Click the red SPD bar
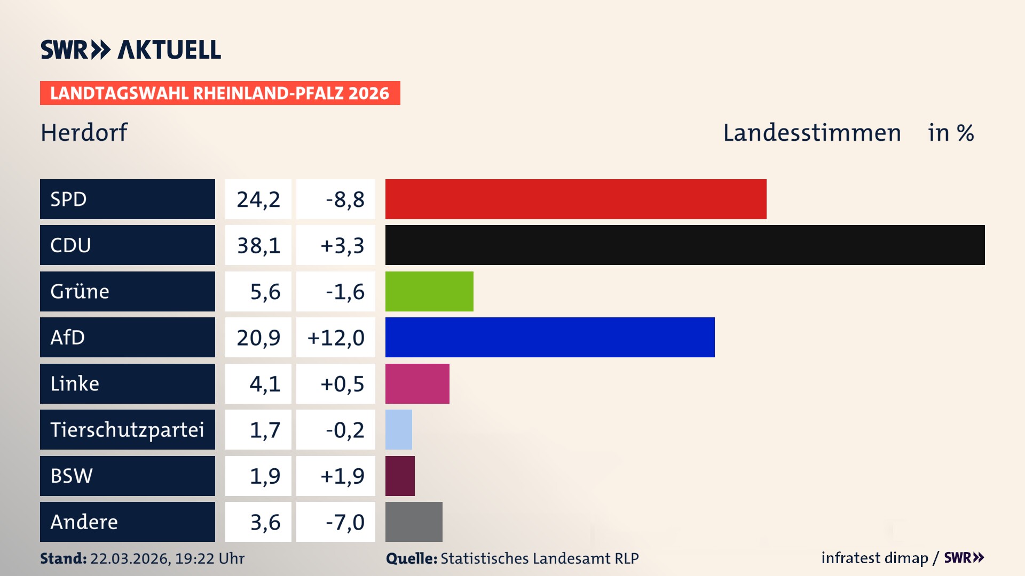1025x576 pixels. [x=575, y=199]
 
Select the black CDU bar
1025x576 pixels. [x=684, y=245]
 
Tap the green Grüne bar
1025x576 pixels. [x=429, y=291]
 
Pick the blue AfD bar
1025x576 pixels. [x=550, y=337]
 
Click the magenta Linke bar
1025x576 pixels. [x=417, y=383]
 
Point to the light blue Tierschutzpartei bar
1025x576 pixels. [x=399, y=429]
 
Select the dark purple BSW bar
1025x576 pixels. [x=400, y=476]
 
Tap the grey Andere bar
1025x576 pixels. [x=414, y=522]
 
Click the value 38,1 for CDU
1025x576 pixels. [x=258, y=245]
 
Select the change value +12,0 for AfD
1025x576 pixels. [x=336, y=338]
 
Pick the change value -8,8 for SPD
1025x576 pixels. [x=345, y=199]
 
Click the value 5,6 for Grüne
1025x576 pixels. [x=265, y=292]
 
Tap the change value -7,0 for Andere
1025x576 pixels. [x=345, y=522]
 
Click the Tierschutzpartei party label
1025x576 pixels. [x=127, y=429]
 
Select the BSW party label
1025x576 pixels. [x=72, y=476]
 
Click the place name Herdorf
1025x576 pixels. [x=84, y=132]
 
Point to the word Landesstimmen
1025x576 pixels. [x=811, y=132]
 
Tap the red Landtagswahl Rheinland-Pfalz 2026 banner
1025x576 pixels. [x=220, y=93]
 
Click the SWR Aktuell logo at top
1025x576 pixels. [x=131, y=50]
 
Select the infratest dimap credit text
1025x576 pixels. [x=874, y=558]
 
